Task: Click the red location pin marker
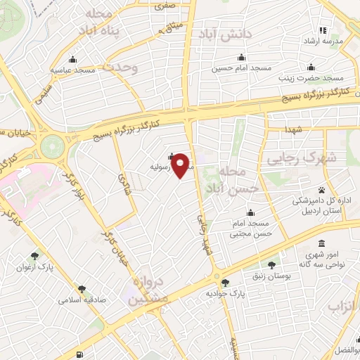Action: coord(181,165)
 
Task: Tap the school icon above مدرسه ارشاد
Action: coord(323,30)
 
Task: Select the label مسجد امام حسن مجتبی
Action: coord(251,228)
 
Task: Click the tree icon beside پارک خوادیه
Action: coord(225,283)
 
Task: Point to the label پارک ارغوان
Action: coord(34,267)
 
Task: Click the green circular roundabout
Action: coord(51,147)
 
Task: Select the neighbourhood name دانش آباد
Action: coord(226,34)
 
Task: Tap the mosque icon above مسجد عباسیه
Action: coord(74,59)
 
